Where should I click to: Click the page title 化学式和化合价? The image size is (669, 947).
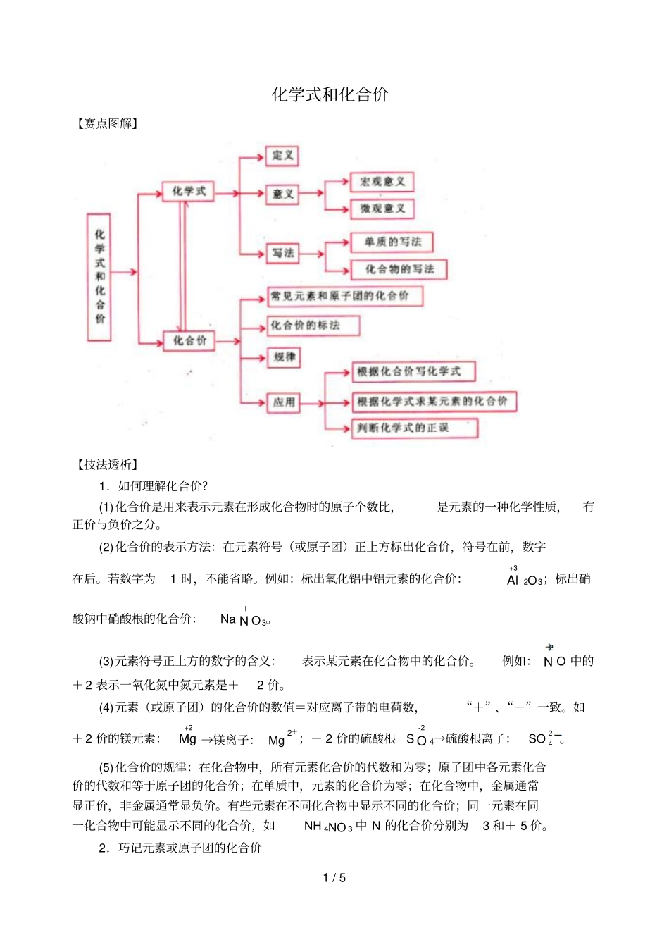tap(330, 95)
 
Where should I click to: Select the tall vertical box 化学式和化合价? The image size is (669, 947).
tap(99, 276)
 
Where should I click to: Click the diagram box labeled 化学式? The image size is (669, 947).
tap(189, 192)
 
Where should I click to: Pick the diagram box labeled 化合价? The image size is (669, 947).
tap(189, 341)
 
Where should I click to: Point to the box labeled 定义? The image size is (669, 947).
tap(282, 155)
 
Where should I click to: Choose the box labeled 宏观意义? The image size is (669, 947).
tap(382, 182)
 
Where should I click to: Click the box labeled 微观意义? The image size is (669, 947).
tap(382, 209)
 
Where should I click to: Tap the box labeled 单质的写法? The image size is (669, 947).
tap(392, 242)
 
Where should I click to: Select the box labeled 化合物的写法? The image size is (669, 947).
tap(399, 269)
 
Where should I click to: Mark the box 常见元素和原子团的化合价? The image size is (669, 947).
tap(345, 296)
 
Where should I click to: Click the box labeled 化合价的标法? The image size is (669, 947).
tap(314, 326)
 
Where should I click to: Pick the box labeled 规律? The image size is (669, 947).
tap(284, 357)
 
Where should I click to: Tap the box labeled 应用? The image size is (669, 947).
tap(284, 402)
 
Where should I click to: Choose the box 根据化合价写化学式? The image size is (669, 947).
tap(414, 371)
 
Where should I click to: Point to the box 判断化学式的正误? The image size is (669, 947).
tap(415, 428)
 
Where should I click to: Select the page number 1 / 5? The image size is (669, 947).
tap(334, 878)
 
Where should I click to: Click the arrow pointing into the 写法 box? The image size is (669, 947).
tap(259, 254)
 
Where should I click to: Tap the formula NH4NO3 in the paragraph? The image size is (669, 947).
tap(327, 827)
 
